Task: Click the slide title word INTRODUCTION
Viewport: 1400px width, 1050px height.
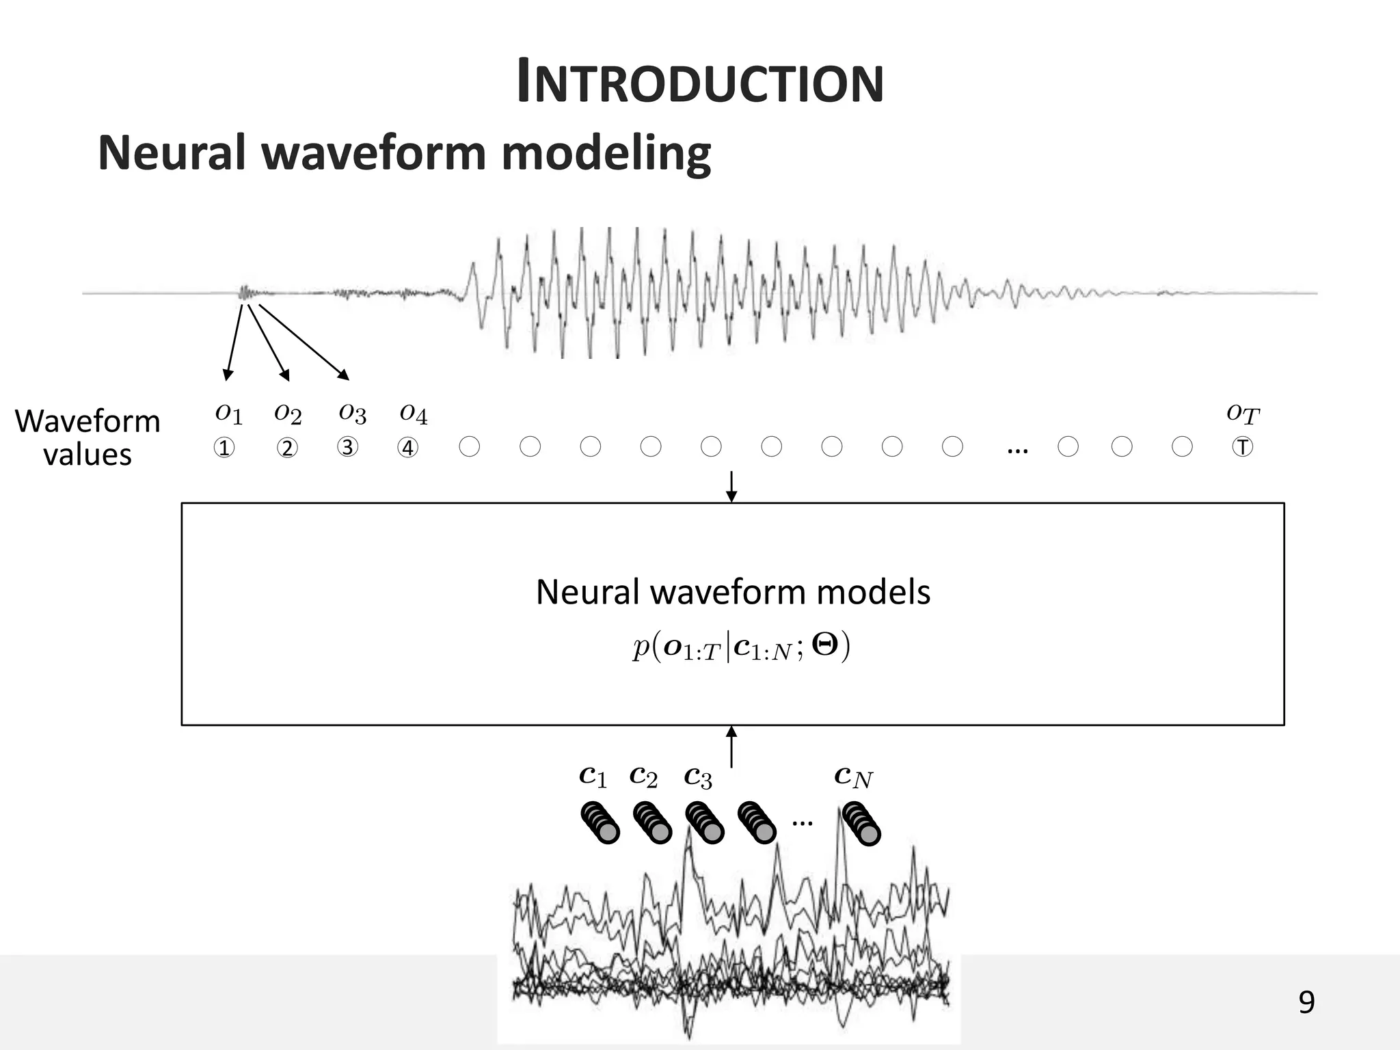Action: pyautogui.click(x=700, y=83)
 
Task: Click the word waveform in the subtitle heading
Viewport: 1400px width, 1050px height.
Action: pyautogui.click(x=375, y=153)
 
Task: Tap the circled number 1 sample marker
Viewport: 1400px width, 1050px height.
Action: pyautogui.click(x=224, y=448)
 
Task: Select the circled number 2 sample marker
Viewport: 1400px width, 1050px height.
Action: pyautogui.click(x=287, y=448)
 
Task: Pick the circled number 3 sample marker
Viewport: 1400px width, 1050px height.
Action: pyautogui.click(x=347, y=447)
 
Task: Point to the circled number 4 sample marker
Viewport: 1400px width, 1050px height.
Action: pyautogui.click(x=408, y=448)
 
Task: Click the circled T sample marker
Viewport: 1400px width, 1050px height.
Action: pyautogui.click(x=1242, y=447)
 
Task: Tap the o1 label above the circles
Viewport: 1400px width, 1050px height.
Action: pyautogui.click(x=228, y=413)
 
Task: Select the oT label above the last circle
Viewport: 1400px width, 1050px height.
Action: pyautogui.click(x=1242, y=413)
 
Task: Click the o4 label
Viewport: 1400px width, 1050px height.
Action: pyautogui.click(x=413, y=413)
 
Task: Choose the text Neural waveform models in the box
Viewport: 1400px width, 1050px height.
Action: pyautogui.click(x=732, y=592)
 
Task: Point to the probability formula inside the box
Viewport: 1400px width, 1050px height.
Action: pyautogui.click(x=741, y=647)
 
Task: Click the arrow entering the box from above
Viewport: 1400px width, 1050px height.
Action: pyautogui.click(x=731, y=486)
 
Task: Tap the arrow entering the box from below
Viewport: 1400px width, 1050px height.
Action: pyautogui.click(x=731, y=746)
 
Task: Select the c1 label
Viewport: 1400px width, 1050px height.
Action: pyautogui.click(x=592, y=777)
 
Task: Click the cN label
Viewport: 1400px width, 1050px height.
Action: pyautogui.click(x=853, y=777)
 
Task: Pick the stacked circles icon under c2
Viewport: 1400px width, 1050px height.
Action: pyautogui.click(x=652, y=822)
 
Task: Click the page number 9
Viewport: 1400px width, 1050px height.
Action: pyautogui.click(x=1306, y=1002)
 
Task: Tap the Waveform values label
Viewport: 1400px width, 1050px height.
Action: pyautogui.click(x=87, y=437)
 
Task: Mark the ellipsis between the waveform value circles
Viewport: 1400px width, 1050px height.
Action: pyautogui.click(x=1017, y=450)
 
